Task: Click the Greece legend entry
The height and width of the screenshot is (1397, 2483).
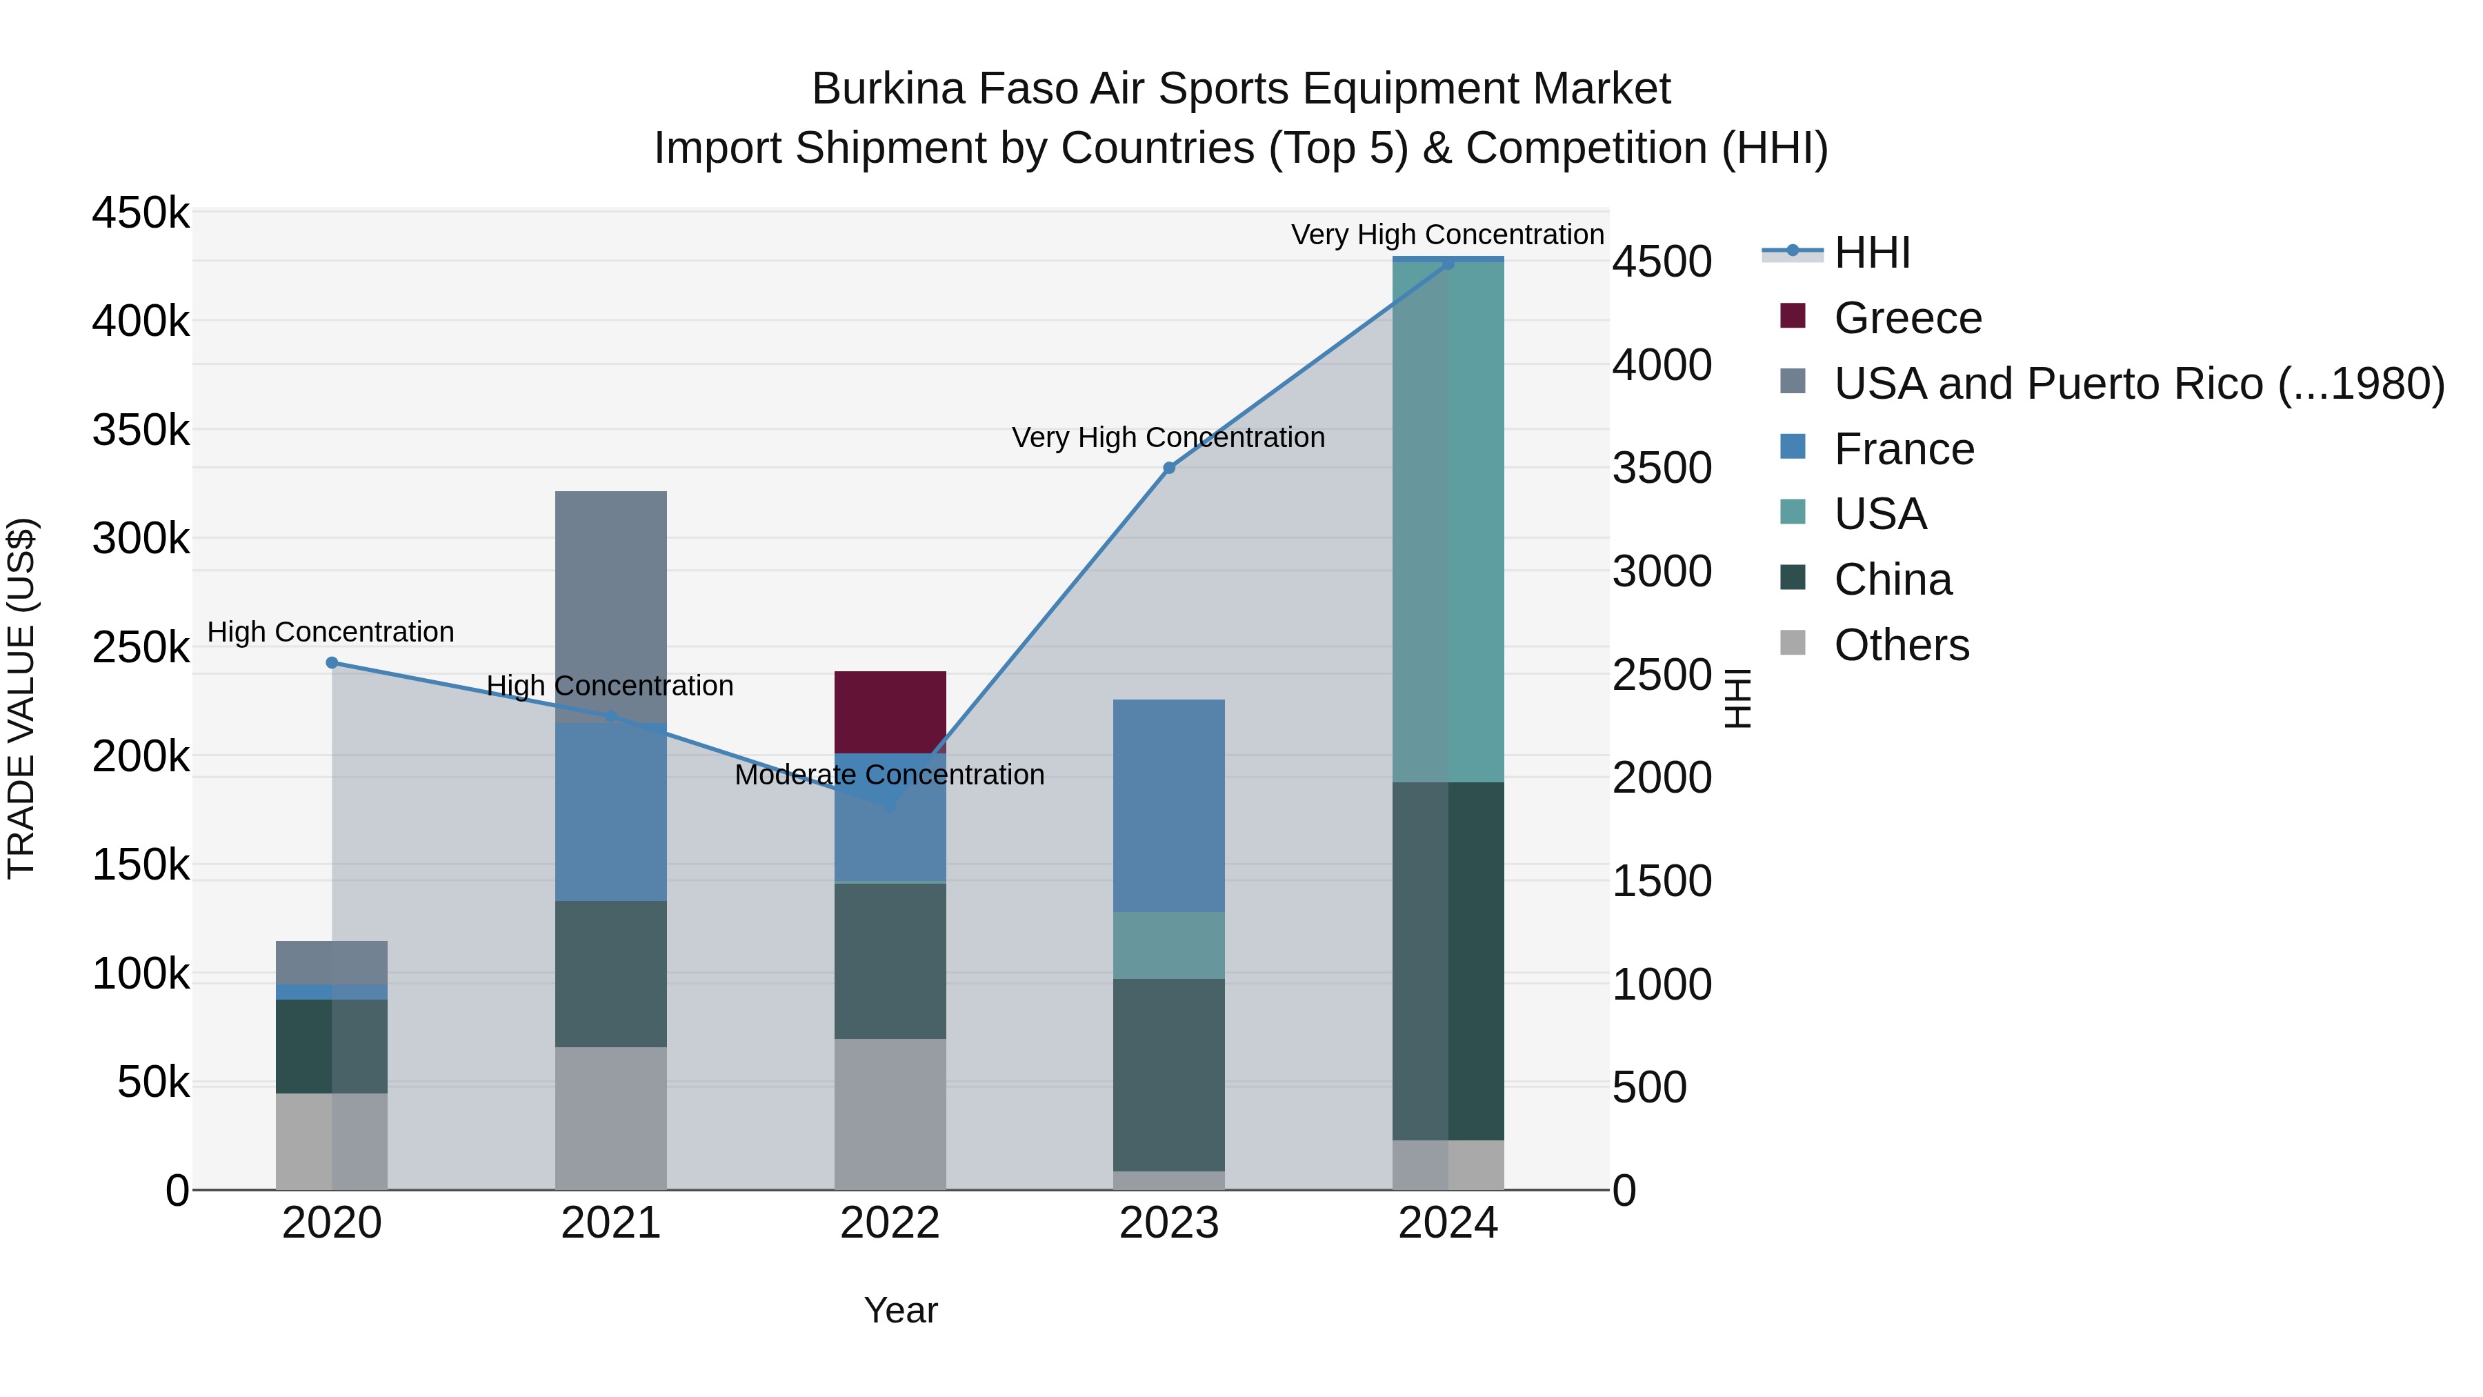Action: coord(1906,318)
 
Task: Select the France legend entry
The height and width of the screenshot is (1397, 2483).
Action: coord(1904,449)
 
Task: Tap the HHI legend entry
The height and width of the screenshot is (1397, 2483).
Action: coord(1871,252)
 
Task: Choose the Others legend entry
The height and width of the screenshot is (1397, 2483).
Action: coord(1901,645)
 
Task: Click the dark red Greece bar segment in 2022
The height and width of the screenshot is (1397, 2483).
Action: coord(890,711)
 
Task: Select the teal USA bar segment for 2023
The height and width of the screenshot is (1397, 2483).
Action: coord(1168,945)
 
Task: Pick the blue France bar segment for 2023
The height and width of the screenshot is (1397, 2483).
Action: coord(1168,805)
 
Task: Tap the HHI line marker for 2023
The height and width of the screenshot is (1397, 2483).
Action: coord(1168,468)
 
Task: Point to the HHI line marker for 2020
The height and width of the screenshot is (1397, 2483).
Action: coord(332,662)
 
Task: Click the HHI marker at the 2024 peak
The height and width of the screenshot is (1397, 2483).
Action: coord(1448,264)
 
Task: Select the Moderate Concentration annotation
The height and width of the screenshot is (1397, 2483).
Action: coord(889,775)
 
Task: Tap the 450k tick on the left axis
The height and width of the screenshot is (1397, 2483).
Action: coord(141,213)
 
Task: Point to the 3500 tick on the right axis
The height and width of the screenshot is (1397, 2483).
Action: coord(1662,468)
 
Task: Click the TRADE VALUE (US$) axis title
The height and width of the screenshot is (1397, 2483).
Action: coord(21,698)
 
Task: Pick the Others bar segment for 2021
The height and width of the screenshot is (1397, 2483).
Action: coord(610,1118)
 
